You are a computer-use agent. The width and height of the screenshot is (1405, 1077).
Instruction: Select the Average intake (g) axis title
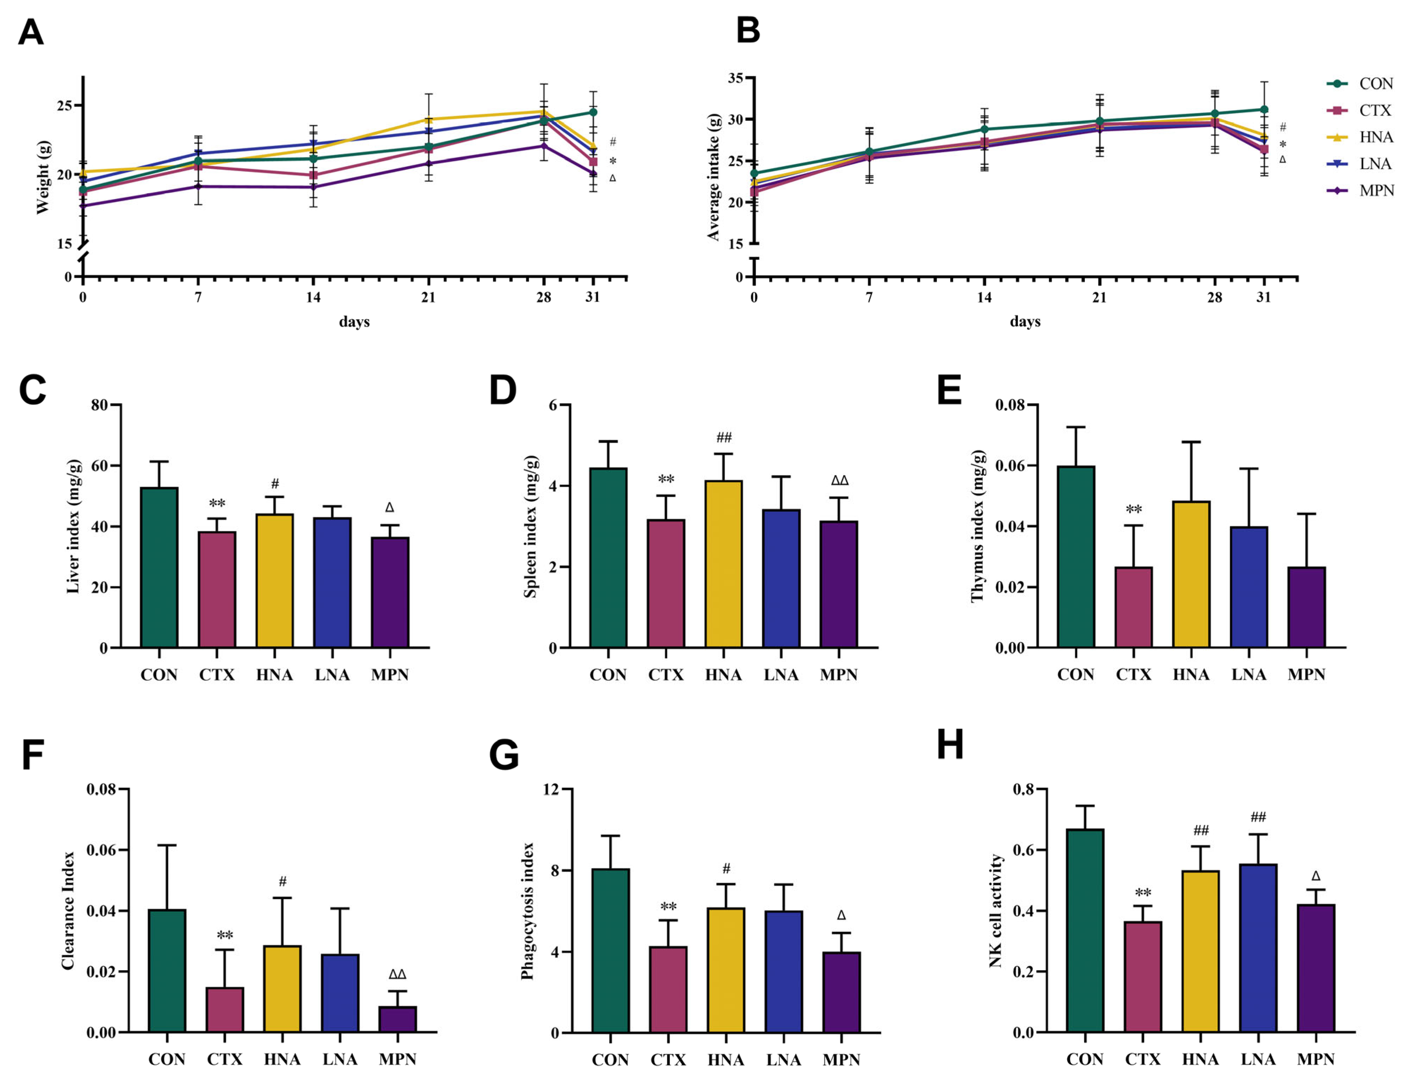tap(714, 177)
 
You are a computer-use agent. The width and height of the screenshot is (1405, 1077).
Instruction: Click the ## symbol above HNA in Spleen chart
tap(723, 438)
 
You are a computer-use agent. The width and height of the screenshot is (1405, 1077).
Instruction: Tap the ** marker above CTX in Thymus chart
tap(1133, 510)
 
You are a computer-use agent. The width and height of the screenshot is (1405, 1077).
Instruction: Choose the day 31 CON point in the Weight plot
tap(593, 112)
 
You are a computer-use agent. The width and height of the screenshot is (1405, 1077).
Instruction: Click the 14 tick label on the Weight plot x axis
tap(313, 298)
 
